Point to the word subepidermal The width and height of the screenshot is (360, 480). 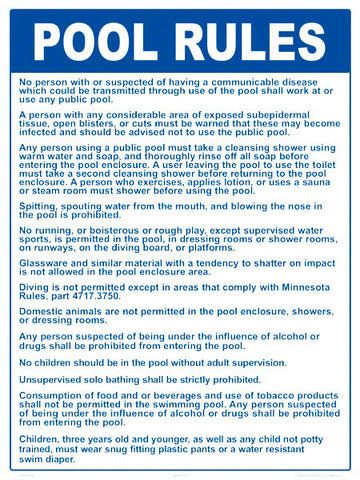[279, 114]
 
